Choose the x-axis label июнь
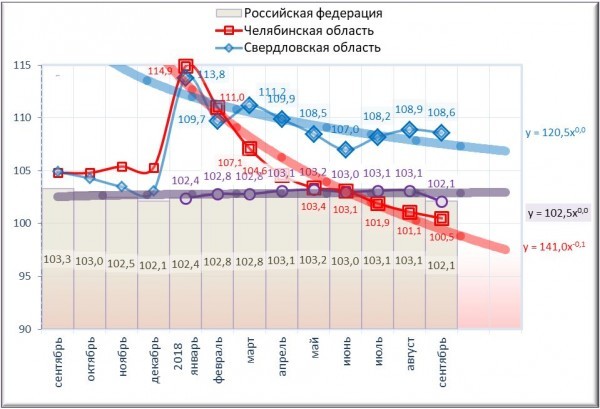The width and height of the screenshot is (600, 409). [x=346, y=357]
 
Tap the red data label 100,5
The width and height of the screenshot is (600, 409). [x=442, y=237]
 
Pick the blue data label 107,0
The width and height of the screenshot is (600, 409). [x=345, y=130]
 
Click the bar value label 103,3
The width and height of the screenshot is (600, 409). [x=58, y=260]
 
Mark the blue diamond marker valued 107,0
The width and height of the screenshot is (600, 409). [x=346, y=150]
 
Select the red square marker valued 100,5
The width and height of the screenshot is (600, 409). [x=441, y=219]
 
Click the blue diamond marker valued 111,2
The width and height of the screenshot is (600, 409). [x=250, y=106]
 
